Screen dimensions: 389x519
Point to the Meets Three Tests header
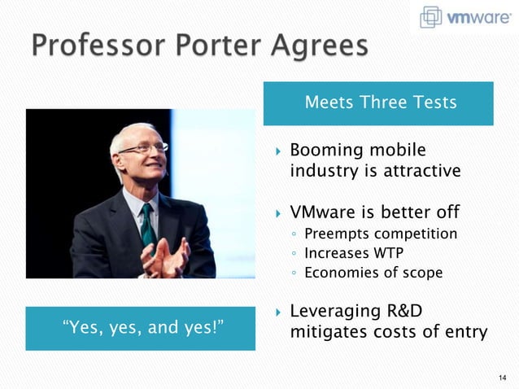(380, 103)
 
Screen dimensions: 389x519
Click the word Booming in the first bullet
(325, 151)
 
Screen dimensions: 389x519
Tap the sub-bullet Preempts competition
(380, 234)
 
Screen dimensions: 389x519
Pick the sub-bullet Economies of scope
(373, 273)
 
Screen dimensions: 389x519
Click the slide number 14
(501, 377)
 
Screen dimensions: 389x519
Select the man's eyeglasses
(144, 148)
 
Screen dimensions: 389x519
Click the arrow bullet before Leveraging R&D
(277, 313)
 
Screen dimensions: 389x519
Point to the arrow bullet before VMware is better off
(277, 214)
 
